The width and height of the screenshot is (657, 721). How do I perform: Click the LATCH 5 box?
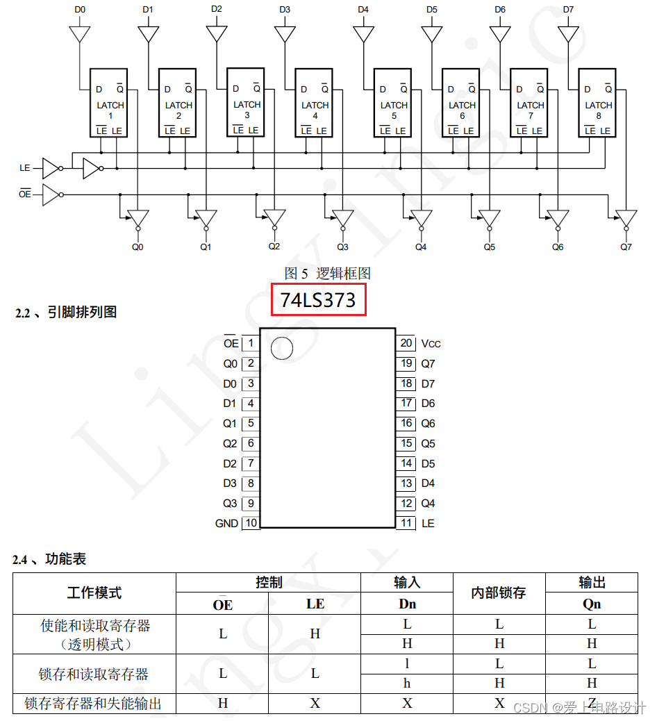(x=394, y=103)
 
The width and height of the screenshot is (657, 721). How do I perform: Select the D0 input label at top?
(x=81, y=10)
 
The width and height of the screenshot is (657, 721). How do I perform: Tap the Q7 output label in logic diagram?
(x=626, y=247)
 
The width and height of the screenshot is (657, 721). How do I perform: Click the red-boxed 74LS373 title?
(x=318, y=299)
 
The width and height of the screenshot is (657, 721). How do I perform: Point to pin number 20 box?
(x=406, y=343)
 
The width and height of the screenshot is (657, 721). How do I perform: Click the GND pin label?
(x=226, y=524)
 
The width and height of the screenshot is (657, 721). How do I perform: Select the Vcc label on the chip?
(x=431, y=344)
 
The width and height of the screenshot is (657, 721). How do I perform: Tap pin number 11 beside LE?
(x=406, y=523)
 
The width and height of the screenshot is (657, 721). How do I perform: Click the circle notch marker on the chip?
(x=281, y=348)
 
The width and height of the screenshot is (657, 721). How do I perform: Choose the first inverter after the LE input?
(x=51, y=168)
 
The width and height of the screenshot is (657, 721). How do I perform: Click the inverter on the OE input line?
(x=51, y=194)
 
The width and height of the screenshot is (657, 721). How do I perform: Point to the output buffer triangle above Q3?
(x=342, y=218)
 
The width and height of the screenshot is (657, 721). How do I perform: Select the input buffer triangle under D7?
(x=569, y=34)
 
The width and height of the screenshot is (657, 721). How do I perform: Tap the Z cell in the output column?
(x=592, y=702)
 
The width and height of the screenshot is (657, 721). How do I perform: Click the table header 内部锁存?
(x=499, y=592)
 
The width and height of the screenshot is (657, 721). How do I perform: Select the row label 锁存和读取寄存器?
(x=94, y=674)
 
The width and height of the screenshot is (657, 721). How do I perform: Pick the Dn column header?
(x=407, y=604)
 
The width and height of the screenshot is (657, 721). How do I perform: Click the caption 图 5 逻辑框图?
(x=328, y=273)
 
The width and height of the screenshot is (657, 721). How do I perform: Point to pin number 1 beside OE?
(x=250, y=343)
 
